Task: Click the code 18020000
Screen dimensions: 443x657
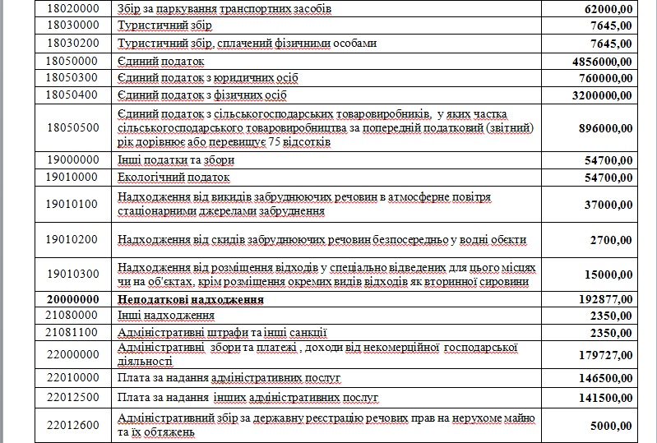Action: (x=72, y=8)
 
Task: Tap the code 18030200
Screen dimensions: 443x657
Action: (x=72, y=43)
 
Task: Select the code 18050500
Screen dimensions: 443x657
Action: (x=72, y=127)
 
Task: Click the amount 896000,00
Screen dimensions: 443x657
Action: (x=601, y=127)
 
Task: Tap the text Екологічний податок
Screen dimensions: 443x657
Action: (x=174, y=177)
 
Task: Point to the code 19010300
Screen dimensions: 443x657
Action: (x=72, y=275)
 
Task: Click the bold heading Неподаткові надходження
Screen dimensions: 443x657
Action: (x=191, y=300)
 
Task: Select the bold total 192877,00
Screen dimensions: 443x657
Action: (x=601, y=300)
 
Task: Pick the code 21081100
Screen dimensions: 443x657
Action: (x=72, y=333)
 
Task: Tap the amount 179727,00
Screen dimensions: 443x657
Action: (x=601, y=355)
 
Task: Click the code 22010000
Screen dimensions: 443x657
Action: (x=72, y=378)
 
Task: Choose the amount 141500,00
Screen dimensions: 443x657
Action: (x=601, y=399)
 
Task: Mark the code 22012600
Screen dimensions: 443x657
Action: (x=72, y=425)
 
